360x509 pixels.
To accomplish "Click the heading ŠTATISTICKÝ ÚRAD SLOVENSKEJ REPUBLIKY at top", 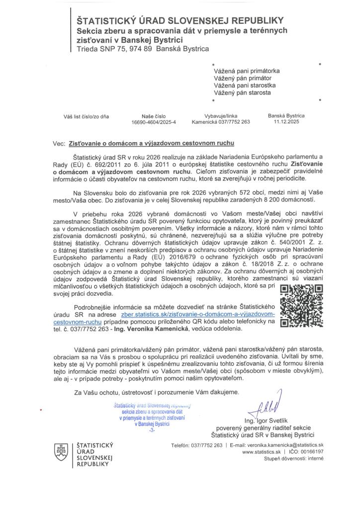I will click(180, 20).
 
